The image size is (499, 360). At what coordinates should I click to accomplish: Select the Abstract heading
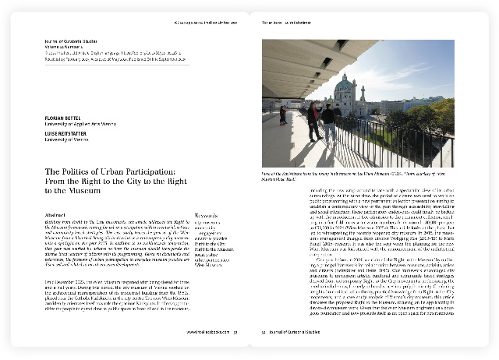click(58, 215)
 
